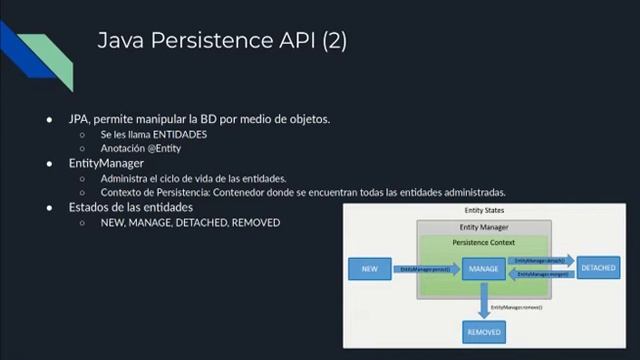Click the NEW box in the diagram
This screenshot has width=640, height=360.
pos(369,269)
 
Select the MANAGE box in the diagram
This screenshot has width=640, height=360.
pos(484,269)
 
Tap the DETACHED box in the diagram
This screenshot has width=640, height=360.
pos(599,269)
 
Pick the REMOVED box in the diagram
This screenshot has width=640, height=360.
pos(484,330)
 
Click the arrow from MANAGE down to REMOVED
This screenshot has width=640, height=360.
pos(484,299)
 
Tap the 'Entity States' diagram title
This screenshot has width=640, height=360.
pos(484,211)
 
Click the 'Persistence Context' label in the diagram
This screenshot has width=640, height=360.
pos(484,243)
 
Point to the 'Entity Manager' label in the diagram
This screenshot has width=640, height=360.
pos(484,228)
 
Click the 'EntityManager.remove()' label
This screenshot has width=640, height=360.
pos(520,306)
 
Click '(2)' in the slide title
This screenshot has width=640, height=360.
pos(334,41)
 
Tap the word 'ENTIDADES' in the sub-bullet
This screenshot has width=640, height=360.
pos(181,134)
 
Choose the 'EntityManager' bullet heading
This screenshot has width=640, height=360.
pos(106,163)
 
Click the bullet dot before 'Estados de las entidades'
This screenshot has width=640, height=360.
pos(49,207)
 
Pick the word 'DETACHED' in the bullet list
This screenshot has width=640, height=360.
pos(201,222)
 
